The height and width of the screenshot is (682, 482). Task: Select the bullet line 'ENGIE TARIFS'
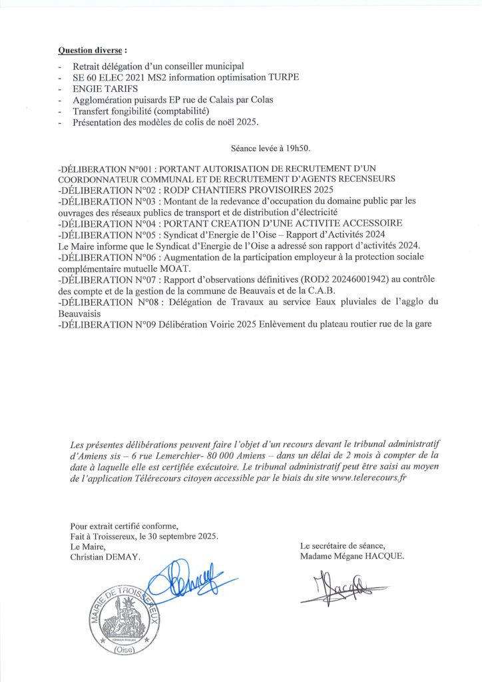coord(101,89)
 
